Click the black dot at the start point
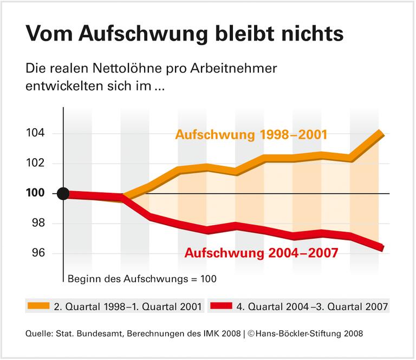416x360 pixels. coord(63,194)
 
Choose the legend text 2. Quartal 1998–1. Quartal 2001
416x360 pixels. coord(128,307)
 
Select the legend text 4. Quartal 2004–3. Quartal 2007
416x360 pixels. coord(313,307)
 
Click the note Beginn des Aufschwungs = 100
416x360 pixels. coord(142,279)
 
